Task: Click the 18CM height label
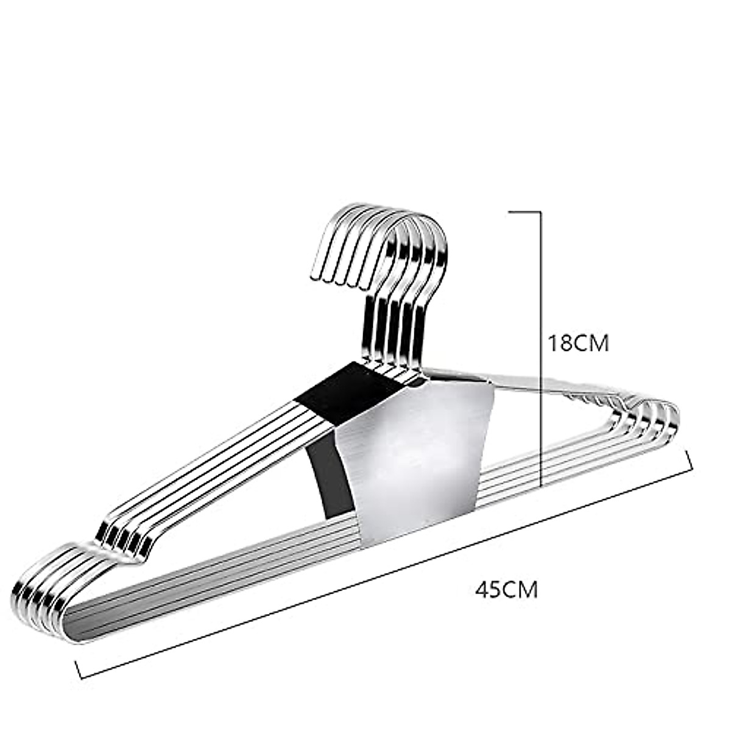point(578,343)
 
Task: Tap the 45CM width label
point(507,590)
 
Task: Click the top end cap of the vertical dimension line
point(524,212)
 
